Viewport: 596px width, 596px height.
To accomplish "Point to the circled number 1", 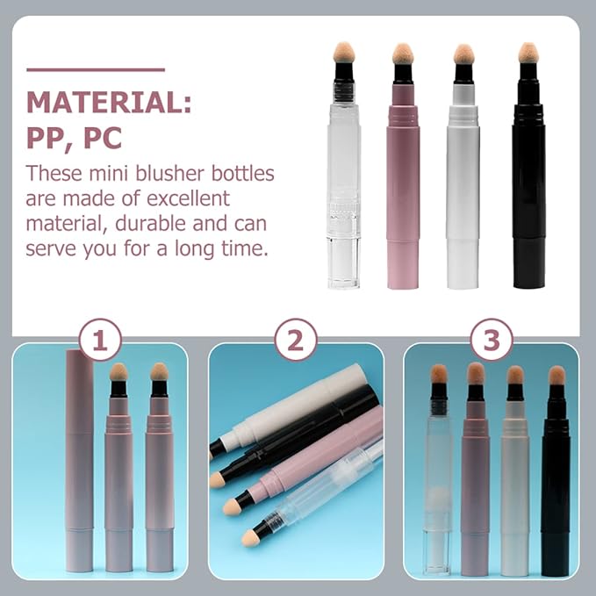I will point(99,341).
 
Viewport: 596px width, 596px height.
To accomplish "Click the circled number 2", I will point(295,341).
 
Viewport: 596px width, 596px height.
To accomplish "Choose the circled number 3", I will point(491,341).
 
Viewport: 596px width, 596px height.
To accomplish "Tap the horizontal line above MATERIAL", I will point(96,69).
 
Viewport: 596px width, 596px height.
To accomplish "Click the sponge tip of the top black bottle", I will point(528,53).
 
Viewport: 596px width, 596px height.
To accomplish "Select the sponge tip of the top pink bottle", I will point(403,53).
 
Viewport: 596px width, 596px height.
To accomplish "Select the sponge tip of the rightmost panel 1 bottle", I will point(159,372).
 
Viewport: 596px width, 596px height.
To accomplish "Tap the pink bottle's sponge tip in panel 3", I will point(475,373).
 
